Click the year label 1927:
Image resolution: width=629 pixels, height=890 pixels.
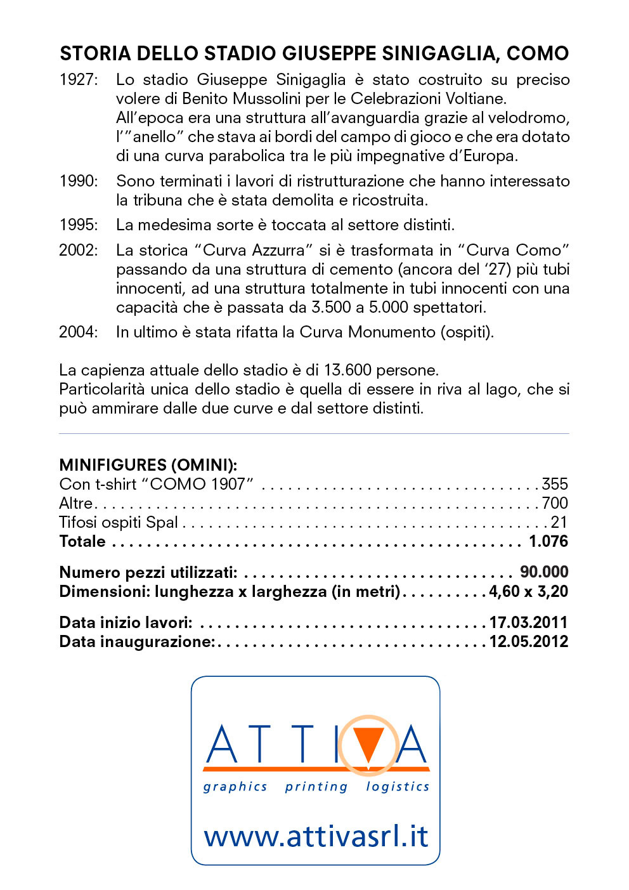point(79,80)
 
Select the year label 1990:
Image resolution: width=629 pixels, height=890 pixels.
point(79,181)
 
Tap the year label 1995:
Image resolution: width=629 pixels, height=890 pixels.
point(79,225)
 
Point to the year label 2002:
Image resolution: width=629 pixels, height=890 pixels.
point(79,251)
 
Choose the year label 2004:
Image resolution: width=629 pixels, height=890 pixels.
point(79,332)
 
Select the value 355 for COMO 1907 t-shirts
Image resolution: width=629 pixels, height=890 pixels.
point(555,485)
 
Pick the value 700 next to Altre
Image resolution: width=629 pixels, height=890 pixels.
point(555,504)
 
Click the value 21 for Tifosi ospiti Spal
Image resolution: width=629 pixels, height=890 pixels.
point(559,523)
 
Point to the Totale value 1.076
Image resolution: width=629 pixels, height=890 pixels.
point(548,542)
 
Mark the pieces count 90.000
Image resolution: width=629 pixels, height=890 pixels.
point(544,572)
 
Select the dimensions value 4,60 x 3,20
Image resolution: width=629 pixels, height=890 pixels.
point(528,592)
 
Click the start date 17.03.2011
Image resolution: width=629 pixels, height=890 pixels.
point(528,623)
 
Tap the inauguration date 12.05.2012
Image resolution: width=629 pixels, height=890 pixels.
point(528,642)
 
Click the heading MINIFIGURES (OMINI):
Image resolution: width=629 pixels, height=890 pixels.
point(148,465)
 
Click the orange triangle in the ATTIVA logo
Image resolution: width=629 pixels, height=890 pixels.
point(368,742)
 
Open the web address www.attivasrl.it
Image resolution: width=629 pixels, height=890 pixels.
point(316,836)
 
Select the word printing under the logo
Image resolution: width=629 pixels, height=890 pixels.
point(316,787)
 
